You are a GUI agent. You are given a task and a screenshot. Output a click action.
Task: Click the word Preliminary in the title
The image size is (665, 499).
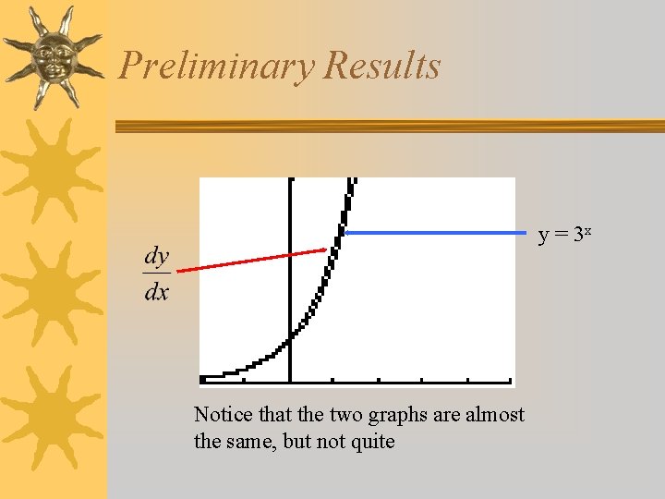tap(217, 67)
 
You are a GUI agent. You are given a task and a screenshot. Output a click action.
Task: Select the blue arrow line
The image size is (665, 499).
tap(434, 233)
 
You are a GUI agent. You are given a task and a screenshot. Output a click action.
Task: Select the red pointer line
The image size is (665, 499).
tap(249, 260)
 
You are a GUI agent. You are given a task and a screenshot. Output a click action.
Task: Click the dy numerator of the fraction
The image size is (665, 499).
tap(156, 256)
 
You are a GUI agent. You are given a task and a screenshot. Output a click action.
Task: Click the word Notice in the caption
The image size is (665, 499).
tap(221, 415)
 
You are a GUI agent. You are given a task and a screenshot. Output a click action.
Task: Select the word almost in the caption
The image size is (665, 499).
tap(494, 415)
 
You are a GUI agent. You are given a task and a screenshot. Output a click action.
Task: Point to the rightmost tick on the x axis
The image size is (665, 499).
tap(511, 380)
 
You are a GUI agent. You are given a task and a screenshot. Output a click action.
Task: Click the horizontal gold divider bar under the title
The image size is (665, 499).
tap(388, 127)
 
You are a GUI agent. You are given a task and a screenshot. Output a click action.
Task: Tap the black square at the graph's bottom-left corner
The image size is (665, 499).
tap(203, 379)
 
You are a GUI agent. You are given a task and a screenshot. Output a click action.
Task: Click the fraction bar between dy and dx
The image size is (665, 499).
tap(156, 274)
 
